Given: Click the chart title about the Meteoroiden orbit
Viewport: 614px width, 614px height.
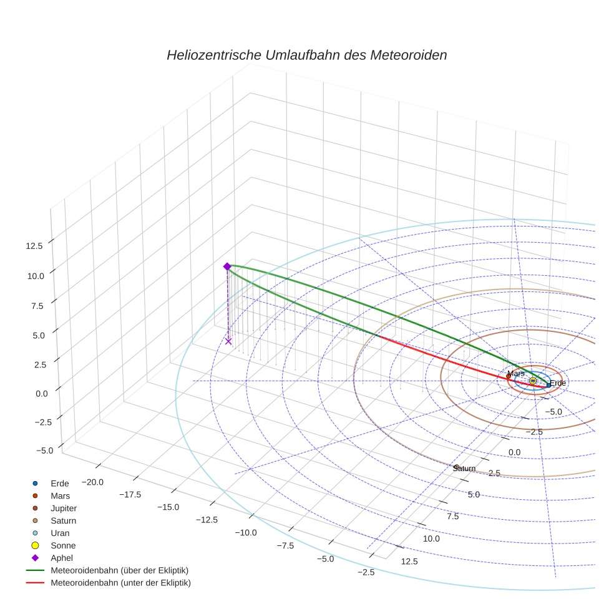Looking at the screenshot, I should (306, 55).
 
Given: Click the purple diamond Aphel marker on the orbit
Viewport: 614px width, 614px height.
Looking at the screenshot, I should (227, 266).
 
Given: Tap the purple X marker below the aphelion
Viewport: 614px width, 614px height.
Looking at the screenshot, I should (228, 341).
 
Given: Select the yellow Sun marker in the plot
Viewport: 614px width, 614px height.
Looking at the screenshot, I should (532, 381).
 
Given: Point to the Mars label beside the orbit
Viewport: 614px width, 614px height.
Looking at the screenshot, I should (515, 373).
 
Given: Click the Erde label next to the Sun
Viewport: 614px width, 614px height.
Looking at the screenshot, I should (557, 383).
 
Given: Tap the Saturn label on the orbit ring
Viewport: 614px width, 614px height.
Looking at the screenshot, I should (464, 469).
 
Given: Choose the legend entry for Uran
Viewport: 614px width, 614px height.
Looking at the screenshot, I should (60, 533).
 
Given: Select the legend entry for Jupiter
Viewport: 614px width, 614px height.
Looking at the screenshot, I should (63, 508).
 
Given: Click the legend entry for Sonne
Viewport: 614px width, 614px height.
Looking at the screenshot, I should (63, 545).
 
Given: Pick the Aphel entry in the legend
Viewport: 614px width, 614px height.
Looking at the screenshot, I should (62, 558).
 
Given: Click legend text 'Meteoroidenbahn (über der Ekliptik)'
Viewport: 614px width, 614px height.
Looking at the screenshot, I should (119, 570).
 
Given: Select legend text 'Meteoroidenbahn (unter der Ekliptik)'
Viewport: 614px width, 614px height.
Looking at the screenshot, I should (120, 583).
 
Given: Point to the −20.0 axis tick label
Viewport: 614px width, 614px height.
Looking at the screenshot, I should (92, 482).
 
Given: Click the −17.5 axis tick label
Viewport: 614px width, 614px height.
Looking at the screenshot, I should (129, 495).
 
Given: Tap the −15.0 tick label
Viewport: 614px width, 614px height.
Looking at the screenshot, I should (167, 507).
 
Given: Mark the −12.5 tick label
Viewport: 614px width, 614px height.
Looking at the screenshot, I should (206, 520).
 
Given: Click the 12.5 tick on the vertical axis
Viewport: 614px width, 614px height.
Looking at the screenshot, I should (34, 246).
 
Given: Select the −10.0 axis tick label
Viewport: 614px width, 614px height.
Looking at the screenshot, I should (245, 532).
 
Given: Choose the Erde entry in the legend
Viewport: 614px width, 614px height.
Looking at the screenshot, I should (59, 483).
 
